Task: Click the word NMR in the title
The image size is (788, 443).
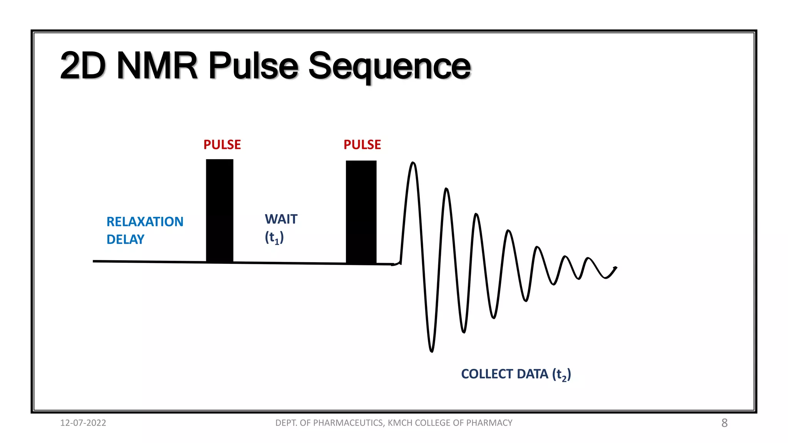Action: click(x=157, y=66)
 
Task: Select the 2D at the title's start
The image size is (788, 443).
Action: click(x=83, y=66)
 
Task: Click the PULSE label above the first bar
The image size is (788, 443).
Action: click(x=222, y=145)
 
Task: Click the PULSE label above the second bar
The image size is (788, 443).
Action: click(x=362, y=145)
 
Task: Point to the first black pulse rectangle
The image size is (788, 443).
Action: click(x=219, y=211)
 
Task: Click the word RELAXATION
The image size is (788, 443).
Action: click(x=145, y=222)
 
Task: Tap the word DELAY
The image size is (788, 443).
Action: click(x=125, y=240)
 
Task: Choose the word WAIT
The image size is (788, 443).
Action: click(x=281, y=219)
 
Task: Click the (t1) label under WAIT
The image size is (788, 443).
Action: click(x=274, y=237)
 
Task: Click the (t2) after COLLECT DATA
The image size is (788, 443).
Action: click(x=561, y=374)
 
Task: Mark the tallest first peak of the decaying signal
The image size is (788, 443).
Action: click(x=413, y=163)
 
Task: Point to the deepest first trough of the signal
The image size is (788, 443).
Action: click(x=431, y=350)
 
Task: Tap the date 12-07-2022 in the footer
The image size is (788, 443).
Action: click(x=83, y=423)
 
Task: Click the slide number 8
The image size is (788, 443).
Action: click(x=724, y=423)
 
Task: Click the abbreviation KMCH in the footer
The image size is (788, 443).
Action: click(x=400, y=423)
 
